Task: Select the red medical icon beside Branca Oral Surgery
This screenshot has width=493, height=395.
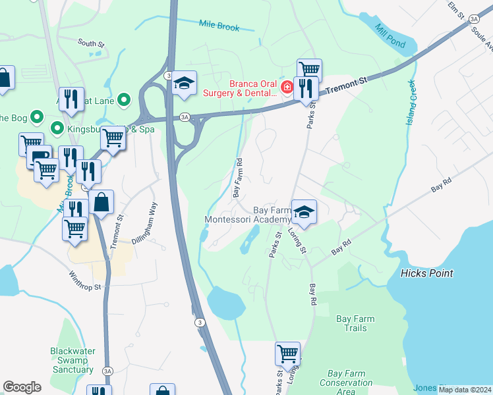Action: (x=287, y=88)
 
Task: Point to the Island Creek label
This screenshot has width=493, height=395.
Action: (x=411, y=103)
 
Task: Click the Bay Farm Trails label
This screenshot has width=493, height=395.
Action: (x=355, y=323)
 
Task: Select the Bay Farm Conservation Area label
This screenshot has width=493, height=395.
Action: (x=346, y=382)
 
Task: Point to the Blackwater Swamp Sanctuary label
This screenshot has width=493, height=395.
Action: (x=72, y=360)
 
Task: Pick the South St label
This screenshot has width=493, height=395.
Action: (x=91, y=43)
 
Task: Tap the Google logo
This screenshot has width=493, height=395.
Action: (x=22, y=387)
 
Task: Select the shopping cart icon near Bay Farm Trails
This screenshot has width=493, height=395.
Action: (x=287, y=354)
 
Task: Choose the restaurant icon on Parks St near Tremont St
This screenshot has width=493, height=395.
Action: (x=305, y=88)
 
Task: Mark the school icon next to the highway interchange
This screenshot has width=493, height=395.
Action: (x=185, y=83)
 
